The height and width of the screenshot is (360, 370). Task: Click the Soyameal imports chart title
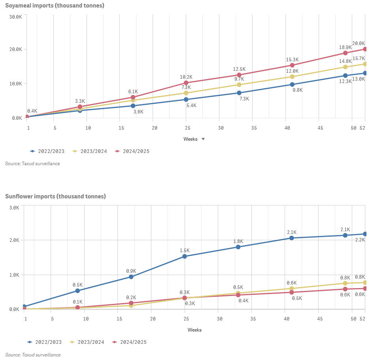(x=55, y=6)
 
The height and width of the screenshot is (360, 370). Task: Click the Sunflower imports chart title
(x=55, y=196)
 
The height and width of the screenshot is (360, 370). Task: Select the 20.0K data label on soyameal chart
(x=359, y=43)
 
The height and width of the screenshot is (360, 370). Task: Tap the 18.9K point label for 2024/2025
(x=345, y=47)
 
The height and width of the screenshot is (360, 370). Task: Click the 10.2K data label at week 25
(x=186, y=77)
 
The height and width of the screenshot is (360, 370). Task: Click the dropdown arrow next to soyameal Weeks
(x=203, y=139)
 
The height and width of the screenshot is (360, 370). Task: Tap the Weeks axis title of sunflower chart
(x=194, y=330)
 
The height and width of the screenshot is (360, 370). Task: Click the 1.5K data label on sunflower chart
(x=185, y=251)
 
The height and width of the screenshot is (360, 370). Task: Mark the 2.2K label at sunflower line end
(x=360, y=240)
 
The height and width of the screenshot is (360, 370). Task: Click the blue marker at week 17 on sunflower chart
(x=131, y=277)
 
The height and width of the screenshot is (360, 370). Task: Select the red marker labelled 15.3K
(x=292, y=65)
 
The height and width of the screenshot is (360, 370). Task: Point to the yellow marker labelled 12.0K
(x=292, y=77)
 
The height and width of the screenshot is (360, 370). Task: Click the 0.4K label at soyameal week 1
(x=32, y=111)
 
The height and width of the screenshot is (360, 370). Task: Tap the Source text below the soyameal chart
(x=32, y=164)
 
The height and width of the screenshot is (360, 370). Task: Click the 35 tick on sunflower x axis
(x=253, y=319)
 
